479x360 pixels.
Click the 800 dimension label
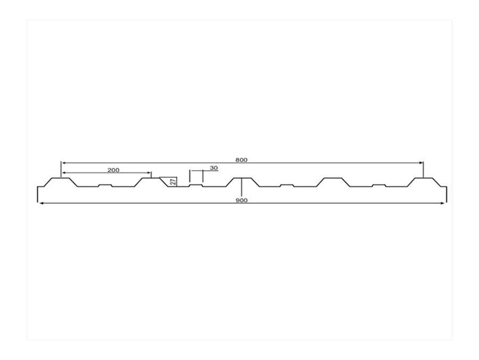click(x=241, y=160)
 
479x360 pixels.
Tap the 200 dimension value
click(x=113, y=170)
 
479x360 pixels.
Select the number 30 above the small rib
click(x=214, y=168)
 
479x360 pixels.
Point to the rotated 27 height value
click(x=173, y=182)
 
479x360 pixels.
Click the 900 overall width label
click(x=242, y=200)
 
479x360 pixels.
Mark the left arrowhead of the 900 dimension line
click(x=40, y=203)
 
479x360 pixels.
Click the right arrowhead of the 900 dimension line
click(x=442, y=203)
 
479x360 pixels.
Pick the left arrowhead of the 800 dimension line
click(x=64, y=163)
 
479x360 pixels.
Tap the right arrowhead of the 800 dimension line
click(x=420, y=163)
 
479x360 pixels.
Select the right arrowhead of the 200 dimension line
click(x=148, y=173)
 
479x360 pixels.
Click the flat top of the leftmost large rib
click(x=61, y=178)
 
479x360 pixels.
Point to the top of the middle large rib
click(x=242, y=178)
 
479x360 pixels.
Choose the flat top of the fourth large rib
click(x=333, y=178)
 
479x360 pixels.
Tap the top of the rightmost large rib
click(x=424, y=178)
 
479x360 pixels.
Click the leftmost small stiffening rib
click(x=105, y=185)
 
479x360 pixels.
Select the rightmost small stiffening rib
click(x=379, y=185)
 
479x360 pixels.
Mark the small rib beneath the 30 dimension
click(x=196, y=185)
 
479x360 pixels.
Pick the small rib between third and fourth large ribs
click(x=287, y=185)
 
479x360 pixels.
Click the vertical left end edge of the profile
click(x=38, y=194)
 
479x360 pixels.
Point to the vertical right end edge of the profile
click(x=447, y=194)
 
